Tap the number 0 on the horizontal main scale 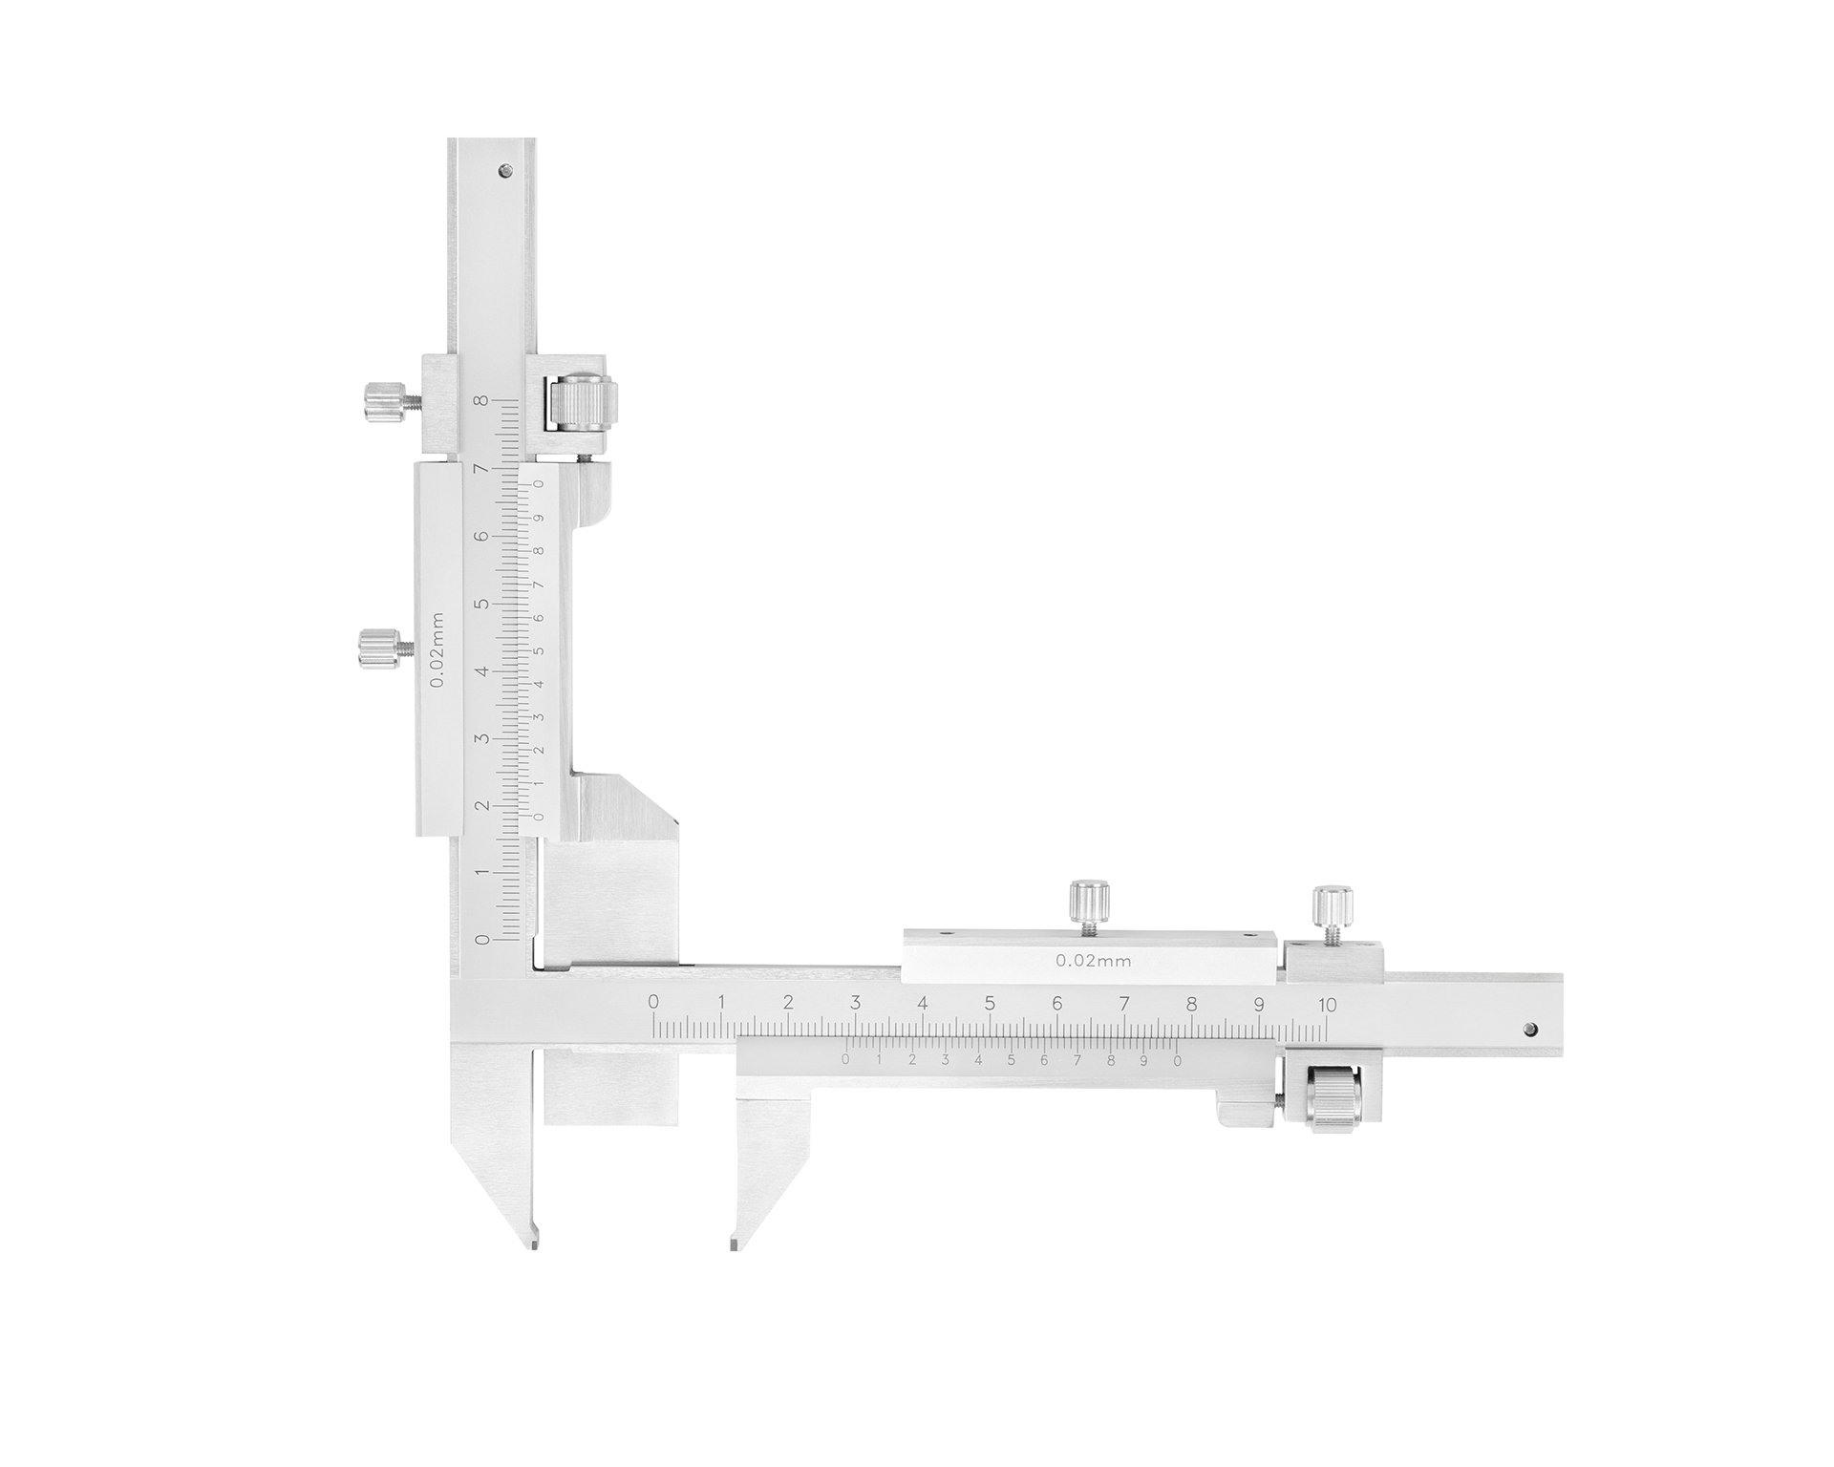point(653,1002)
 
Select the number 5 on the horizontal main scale point(990,1004)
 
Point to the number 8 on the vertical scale point(483,401)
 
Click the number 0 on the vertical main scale point(482,940)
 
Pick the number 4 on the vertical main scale point(482,670)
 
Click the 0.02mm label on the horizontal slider point(1094,962)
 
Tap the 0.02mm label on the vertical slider point(436,649)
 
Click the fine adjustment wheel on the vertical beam point(582,405)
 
